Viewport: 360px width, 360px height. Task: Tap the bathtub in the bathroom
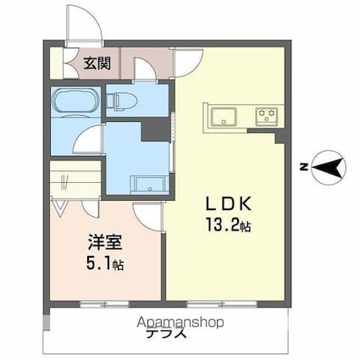pyautogui.click(x=76, y=105)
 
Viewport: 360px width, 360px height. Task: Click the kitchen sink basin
pyautogui.click(x=225, y=116)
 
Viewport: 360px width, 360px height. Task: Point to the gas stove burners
pyautogui.click(x=268, y=116)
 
